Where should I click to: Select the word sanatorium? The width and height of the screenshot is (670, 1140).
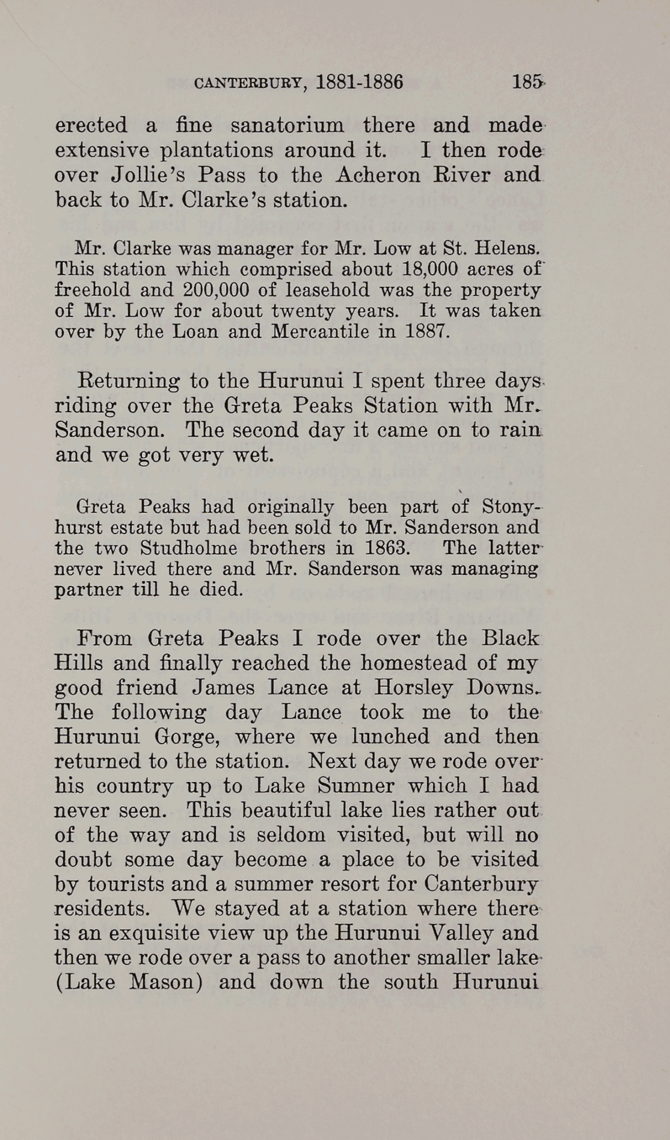pos(287,125)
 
